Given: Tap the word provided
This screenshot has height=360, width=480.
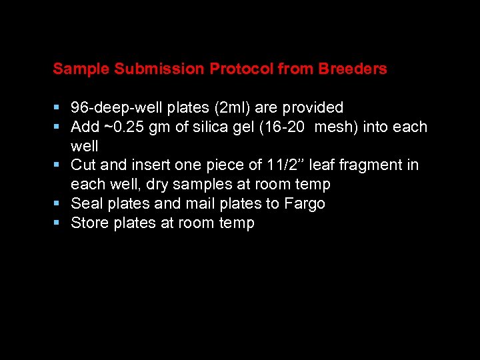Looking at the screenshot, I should [x=315, y=108].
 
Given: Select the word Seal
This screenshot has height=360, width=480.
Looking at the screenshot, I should [x=85, y=203].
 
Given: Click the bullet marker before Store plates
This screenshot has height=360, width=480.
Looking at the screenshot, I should [x=58, y=223].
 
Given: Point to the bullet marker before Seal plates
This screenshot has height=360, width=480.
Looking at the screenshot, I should [x=58, y=203].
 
